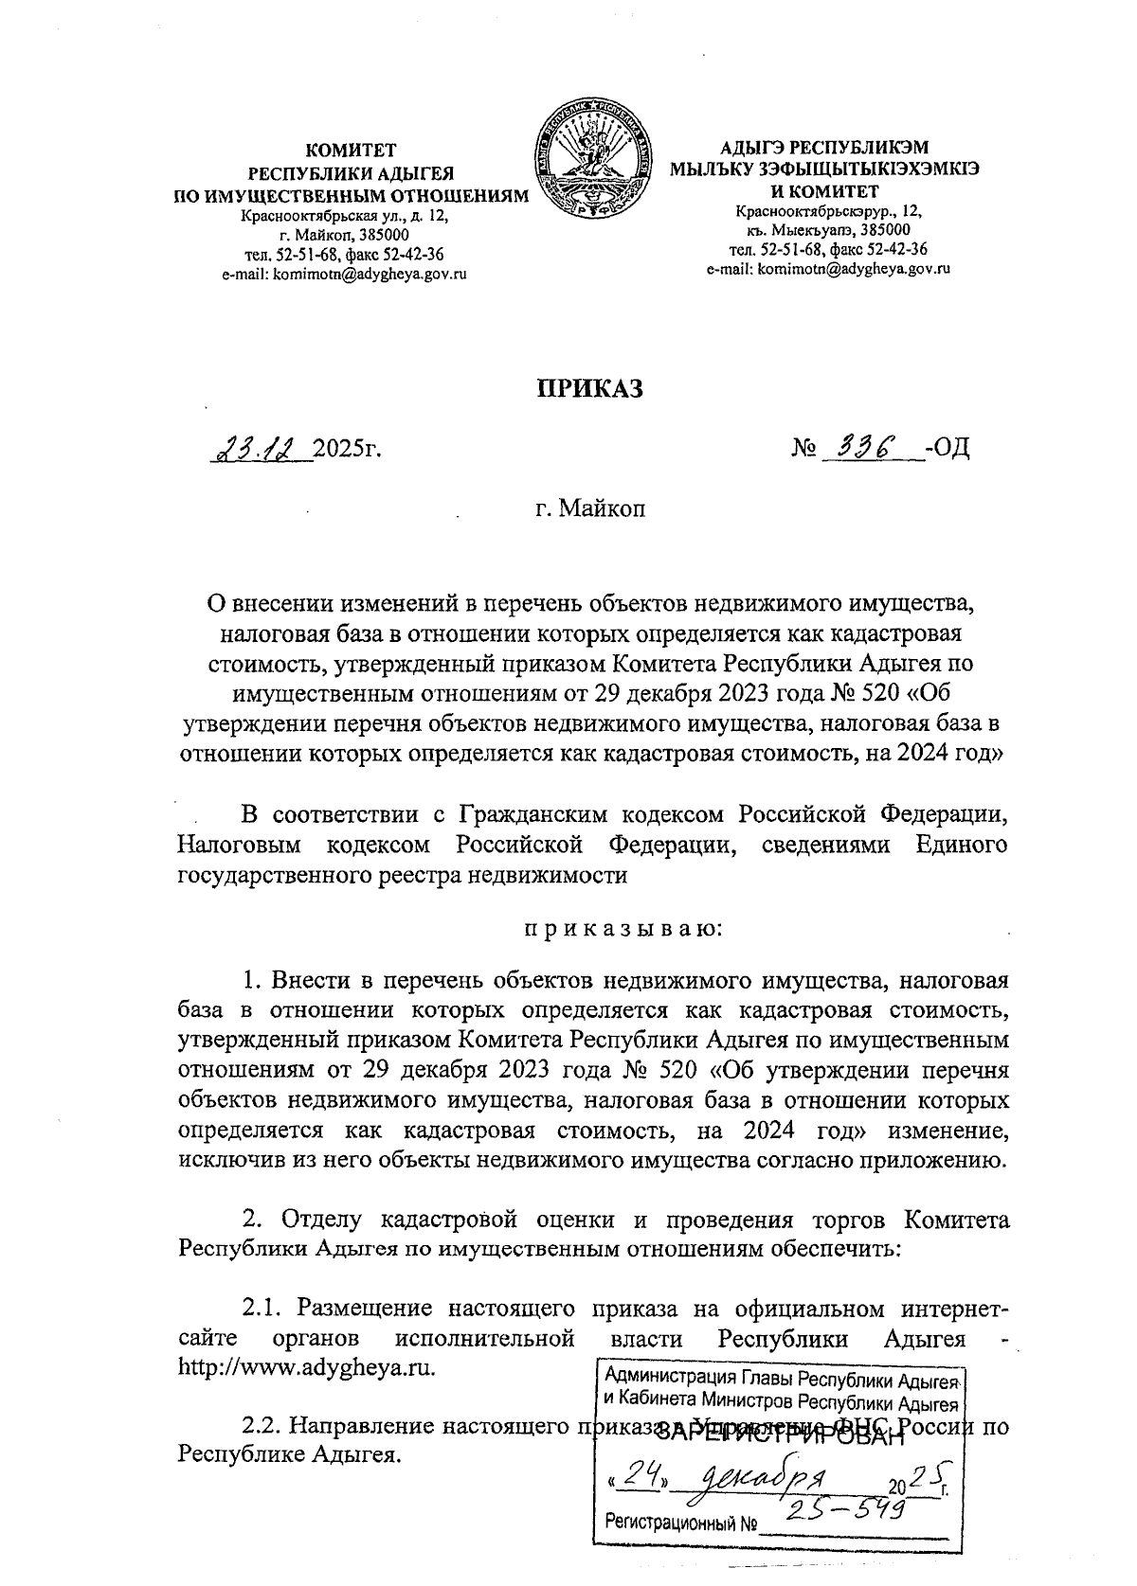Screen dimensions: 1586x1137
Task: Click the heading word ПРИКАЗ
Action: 590,387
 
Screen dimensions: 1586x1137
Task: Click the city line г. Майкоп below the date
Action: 588,510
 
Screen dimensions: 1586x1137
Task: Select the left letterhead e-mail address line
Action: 345,274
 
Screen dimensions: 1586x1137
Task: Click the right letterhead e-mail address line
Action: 827,269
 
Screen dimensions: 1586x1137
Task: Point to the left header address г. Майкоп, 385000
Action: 345,234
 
